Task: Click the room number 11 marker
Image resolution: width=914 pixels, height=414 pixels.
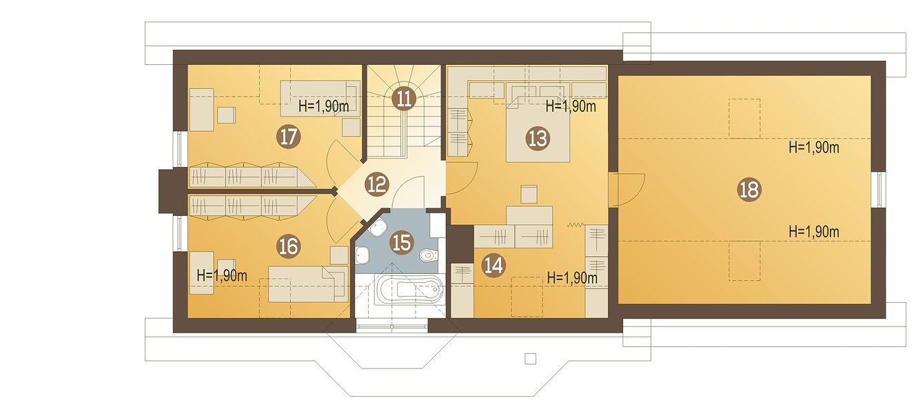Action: tap(404, 99)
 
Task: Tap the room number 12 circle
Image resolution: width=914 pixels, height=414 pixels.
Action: tap(376, 184)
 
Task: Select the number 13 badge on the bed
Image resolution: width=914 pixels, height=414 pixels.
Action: tap(538, 139)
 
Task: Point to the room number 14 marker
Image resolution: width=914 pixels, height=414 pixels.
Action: tap(494, 266)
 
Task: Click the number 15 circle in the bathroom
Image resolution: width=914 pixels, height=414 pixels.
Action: tap(401, 243)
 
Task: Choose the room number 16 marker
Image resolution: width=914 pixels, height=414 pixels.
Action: tap(289, 246)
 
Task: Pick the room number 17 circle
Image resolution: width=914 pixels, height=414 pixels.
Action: tap(289, 137)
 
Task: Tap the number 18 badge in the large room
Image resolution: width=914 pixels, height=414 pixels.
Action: tap(749, 190)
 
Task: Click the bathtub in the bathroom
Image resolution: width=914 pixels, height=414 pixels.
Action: tap(408, 290)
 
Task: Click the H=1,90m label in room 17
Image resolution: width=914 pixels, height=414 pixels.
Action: tap(323, 106)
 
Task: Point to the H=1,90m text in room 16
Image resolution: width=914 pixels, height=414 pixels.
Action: tap(222, 275)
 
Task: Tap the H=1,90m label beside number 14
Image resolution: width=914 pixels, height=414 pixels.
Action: tap(572, 278)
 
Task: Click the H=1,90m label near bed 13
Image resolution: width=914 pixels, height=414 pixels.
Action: tap(571, 106)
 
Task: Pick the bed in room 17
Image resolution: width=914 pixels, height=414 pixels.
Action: tap(320, 99)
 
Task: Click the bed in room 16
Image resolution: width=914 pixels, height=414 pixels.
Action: tap(308, 284)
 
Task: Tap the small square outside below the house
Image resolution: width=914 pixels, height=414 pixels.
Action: tap(530, 359)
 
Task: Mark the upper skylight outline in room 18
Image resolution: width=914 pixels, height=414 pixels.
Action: tap(744, 119)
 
